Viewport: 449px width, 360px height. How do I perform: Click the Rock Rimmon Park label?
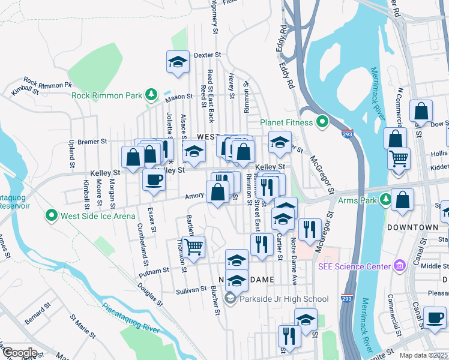[x=106, y=95]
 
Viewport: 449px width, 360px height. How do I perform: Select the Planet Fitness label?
[x=286, y=123]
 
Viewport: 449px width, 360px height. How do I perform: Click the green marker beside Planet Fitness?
[x=322, y=123]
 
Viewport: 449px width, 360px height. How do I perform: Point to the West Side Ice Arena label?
[x=94, y=215]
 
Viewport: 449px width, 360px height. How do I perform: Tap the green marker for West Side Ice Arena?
[x=52, y=215]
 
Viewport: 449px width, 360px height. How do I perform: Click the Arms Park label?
[x=360, y=200]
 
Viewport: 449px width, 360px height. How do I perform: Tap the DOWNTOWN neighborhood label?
[x=412, y=228]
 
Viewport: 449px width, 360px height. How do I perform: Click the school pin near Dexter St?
[x=178, y=62]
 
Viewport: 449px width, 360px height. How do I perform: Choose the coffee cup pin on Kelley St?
[x=154, y=179]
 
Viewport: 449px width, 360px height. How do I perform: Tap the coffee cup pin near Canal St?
[x=435, y=317]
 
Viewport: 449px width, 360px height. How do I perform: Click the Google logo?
[x=20, y=353]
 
